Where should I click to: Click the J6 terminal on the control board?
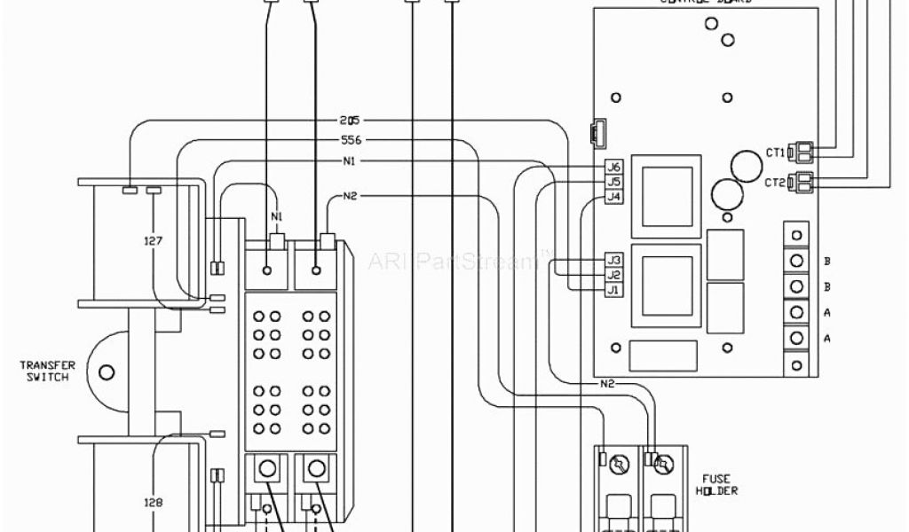point(613,167)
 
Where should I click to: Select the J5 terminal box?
point(613,181)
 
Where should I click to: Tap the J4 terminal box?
point(613,196)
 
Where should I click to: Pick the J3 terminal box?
point(613,260)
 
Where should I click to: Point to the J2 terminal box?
point(613,275)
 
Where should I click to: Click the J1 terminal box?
point(613,289)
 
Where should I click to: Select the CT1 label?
point(775,153)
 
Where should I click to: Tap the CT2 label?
point(775,182)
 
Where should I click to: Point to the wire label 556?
point(350,140)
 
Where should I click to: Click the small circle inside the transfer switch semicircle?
point(107,372)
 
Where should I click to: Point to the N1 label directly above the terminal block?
point(277,216)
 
